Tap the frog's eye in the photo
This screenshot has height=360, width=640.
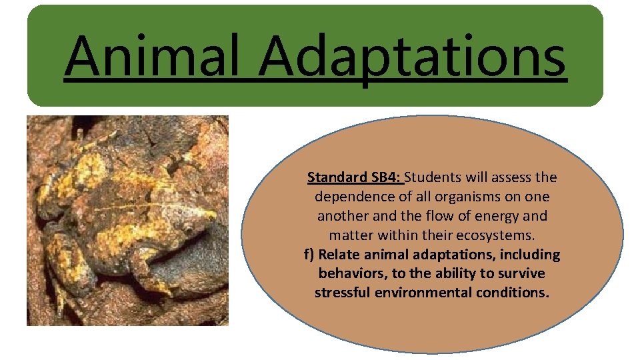pos(189,229)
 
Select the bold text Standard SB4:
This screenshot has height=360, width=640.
pos(354,177)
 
